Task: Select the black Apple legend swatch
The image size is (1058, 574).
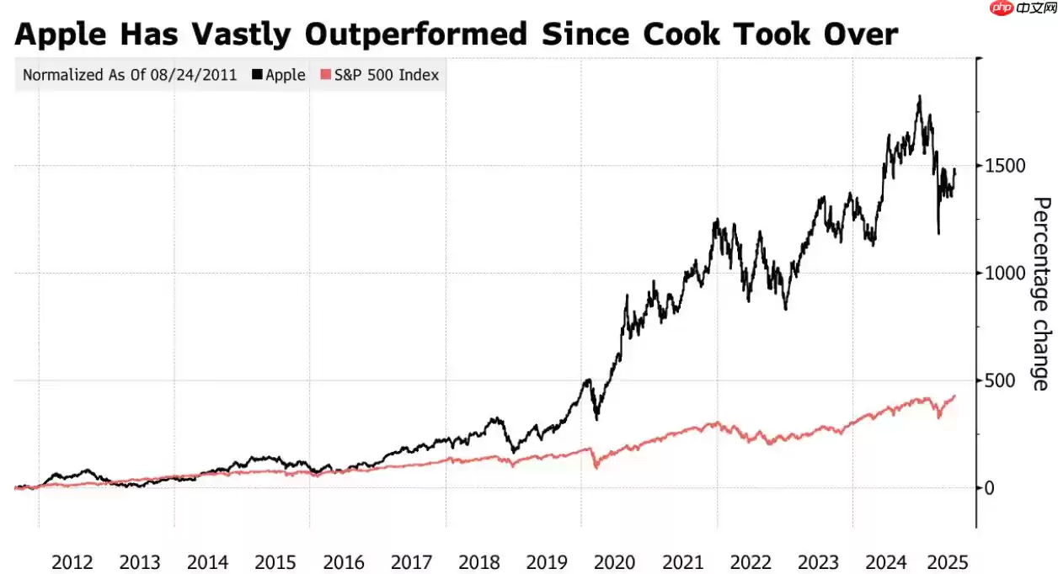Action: pyautogui.click(x=257, y=75)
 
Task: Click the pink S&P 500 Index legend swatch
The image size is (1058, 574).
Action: pyautogui.click(x=327, y=75)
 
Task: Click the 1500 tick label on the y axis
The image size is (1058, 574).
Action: pyautogui.click(x=1007, y=166)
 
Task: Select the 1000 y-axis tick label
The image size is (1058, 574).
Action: pyautogui.click(x=1007, y=273)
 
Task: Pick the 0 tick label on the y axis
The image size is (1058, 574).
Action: pyautogui.click(x=991, y=488)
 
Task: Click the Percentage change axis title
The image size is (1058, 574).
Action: pyautogui.click(x=1042, y=294)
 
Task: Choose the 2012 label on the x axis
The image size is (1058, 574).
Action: pyautogui.click(x=72, y=561)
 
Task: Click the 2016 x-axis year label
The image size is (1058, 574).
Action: pyautogui.click(x=344, y=561)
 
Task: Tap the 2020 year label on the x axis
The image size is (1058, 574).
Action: pyautogui.click(x=615, y=561)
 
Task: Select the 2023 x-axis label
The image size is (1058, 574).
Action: pyautogui.click(x=819, y=561)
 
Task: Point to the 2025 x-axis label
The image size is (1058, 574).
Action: pyautogui.click(x=948, y=561)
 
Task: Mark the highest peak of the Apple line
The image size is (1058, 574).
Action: pyautogui.click(x=919, y=96)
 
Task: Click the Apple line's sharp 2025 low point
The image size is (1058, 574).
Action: pyautogui.click(x=938, y=233)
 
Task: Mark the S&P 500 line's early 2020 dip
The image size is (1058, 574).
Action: pyautogui.click(x=596, y=466)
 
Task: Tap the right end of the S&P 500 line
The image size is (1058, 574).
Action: pyautogui.click(x=954, y=396)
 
